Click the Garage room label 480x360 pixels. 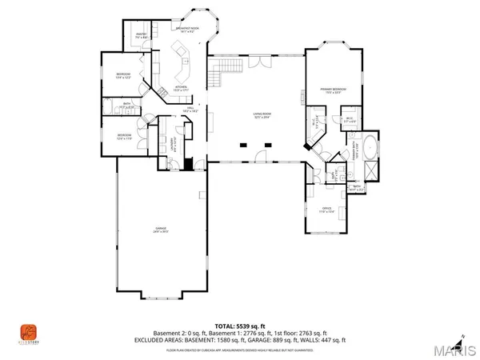(x=162, y=230)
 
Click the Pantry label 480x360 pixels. (x=141, y=35)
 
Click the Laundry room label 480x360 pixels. (x=173, y=143)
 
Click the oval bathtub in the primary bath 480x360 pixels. (x=370, y=149)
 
